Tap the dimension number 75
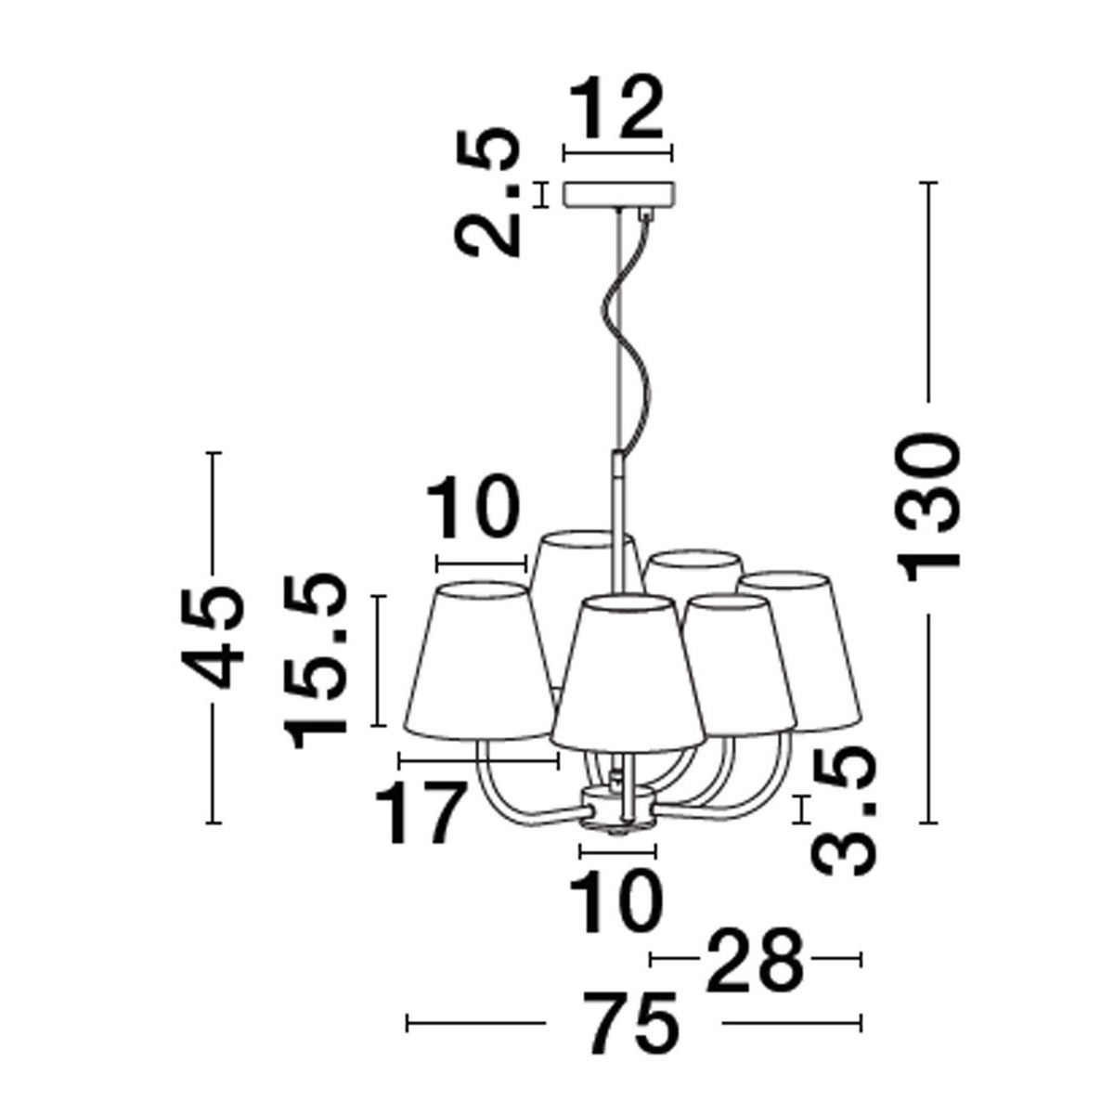[x=634, y=1023]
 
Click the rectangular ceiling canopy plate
[x=619, y=194]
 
